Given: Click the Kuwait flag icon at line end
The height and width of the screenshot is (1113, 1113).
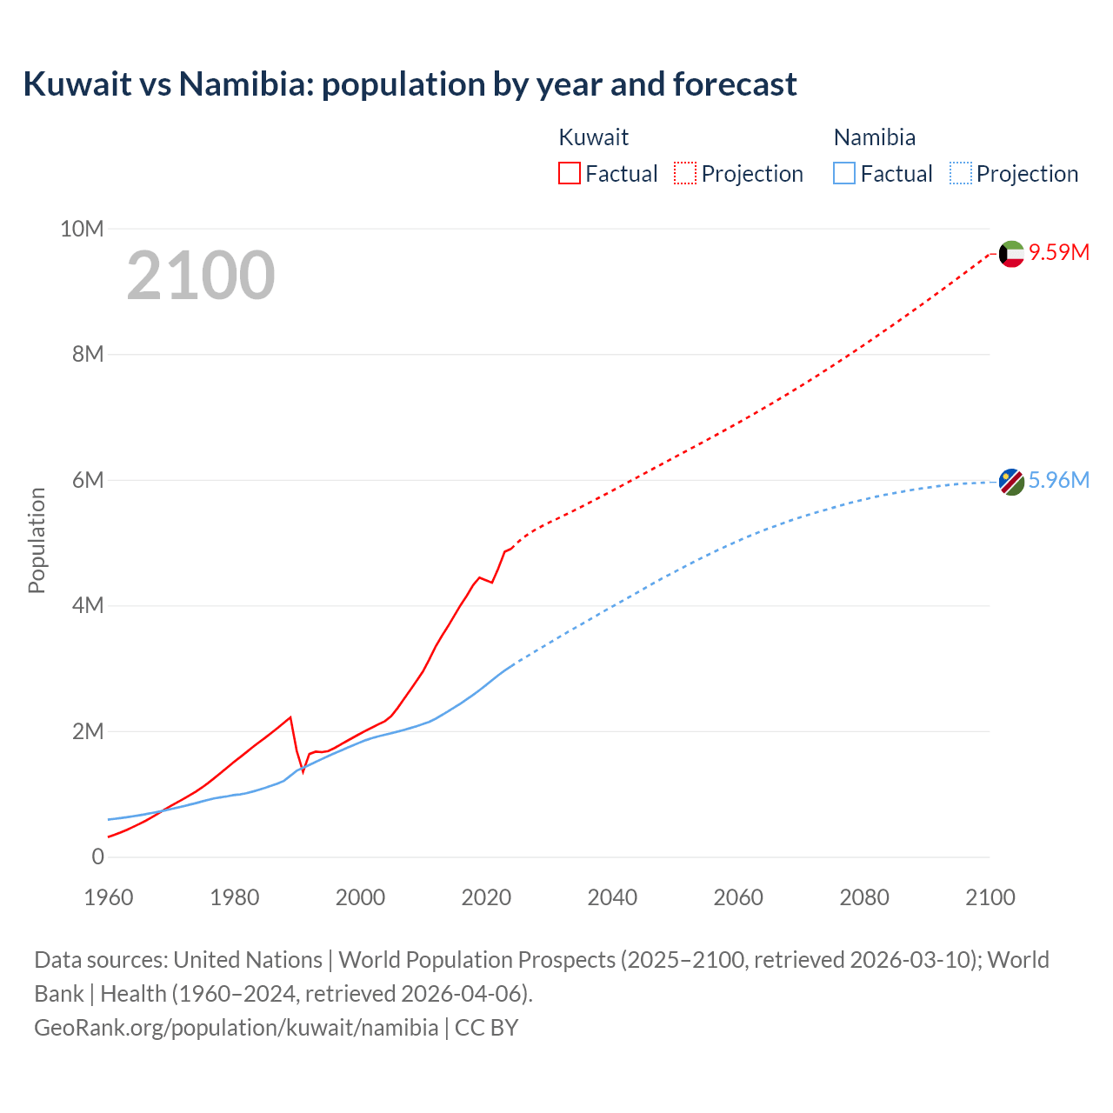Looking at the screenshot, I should [x=1011, y=254].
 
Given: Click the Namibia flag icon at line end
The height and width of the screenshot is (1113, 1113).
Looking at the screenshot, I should [x=1011, y=482].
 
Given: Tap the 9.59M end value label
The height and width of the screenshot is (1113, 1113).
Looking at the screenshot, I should [x=1059, y=253].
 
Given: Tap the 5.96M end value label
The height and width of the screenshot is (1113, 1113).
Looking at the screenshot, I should [x=1059, y=481].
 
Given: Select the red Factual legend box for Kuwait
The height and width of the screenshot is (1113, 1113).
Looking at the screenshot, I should [x=569, y=173].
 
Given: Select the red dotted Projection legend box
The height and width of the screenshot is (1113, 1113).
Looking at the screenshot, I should [x=685, y=173].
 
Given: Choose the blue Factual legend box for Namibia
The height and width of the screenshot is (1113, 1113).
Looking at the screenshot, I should [x=844, y=173].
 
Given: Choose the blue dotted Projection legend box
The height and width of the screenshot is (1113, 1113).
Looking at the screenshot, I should [x=961, y=173].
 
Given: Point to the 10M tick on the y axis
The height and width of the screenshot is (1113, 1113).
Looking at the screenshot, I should [x=82, y=230].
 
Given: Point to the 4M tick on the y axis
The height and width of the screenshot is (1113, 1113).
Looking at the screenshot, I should [x=87, y=606].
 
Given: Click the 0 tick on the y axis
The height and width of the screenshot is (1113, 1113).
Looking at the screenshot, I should [x=97, y=857].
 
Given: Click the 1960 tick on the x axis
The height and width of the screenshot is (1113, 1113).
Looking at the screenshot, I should [x=109, y=897].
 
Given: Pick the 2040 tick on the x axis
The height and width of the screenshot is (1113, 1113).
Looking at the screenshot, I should [x=612, y=897].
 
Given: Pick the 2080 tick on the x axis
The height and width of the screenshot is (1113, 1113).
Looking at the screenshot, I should [x=864, y=897].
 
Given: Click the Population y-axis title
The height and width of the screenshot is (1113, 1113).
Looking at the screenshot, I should [x=37, y=541].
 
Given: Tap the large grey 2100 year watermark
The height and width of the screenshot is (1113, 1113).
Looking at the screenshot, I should [x=201, y=276].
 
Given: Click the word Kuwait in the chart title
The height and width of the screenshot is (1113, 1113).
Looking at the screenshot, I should [x=77, y=84].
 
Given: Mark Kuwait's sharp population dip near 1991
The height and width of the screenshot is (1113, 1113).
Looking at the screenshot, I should [x=303, y=771].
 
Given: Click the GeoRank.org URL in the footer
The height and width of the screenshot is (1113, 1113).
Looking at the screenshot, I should [x=236, y=1028].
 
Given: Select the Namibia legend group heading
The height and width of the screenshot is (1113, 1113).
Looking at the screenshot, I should [x=874, y=137].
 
